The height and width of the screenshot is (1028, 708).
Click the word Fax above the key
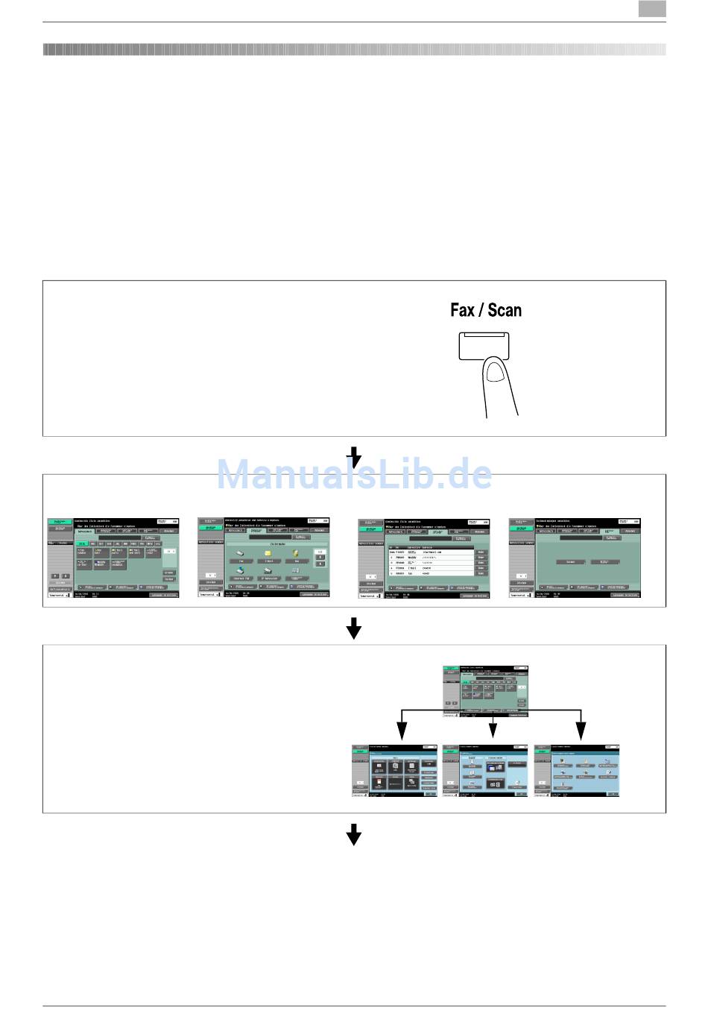[462, 310]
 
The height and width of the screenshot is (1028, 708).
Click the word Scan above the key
[505, 310]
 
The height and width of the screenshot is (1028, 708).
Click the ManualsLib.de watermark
[354, 475]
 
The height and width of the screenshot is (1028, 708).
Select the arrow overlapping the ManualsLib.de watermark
[355, 457]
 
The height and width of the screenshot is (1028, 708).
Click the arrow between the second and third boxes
[354, 628]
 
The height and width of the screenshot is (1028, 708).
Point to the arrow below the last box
[354, 834]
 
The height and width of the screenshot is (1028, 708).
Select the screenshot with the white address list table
[423, 558]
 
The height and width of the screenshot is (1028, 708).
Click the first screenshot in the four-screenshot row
[113, 558]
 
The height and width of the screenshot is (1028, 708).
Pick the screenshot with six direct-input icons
[263, 558]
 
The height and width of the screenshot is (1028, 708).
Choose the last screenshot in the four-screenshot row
[574, 558]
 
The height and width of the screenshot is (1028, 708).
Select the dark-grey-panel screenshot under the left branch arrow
[394, 771]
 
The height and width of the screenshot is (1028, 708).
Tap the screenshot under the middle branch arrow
[485, 771]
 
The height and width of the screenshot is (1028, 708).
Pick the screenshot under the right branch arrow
[577, 771]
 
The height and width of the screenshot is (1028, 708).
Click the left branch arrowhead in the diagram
[402, 731]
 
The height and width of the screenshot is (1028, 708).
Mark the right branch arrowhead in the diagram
[581, 731]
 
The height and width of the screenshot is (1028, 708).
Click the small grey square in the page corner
[652, 9]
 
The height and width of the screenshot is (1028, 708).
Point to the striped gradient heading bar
[354, 50]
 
